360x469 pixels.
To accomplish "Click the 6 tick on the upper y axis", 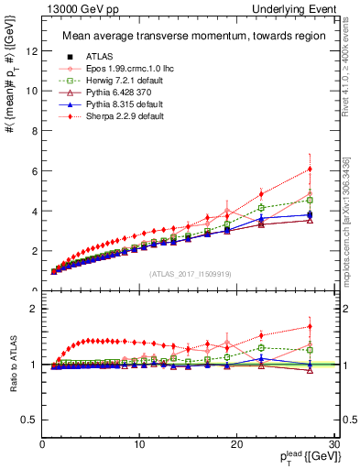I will (x=33, y=171).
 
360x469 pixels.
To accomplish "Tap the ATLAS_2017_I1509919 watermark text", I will (x=189, y=274).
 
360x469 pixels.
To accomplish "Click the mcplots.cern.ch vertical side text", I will (x=351, y=220).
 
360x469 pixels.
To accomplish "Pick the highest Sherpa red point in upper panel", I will (x=311, y=169).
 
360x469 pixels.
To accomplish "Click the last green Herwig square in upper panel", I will (x=311, y=200).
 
